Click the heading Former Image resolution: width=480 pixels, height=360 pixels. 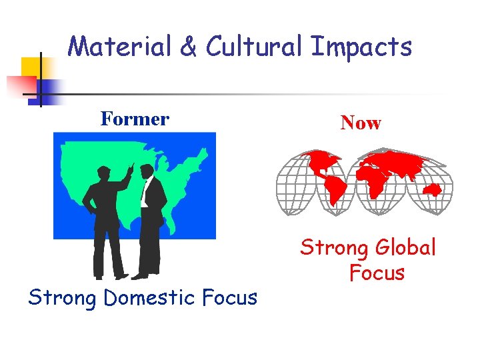click(x=135, y=119)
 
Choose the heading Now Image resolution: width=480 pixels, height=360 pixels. click(x=360, y=123)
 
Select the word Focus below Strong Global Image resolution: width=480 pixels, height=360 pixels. click(x=376, y=273)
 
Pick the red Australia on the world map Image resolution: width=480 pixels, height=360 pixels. click(x=434, y=189)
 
